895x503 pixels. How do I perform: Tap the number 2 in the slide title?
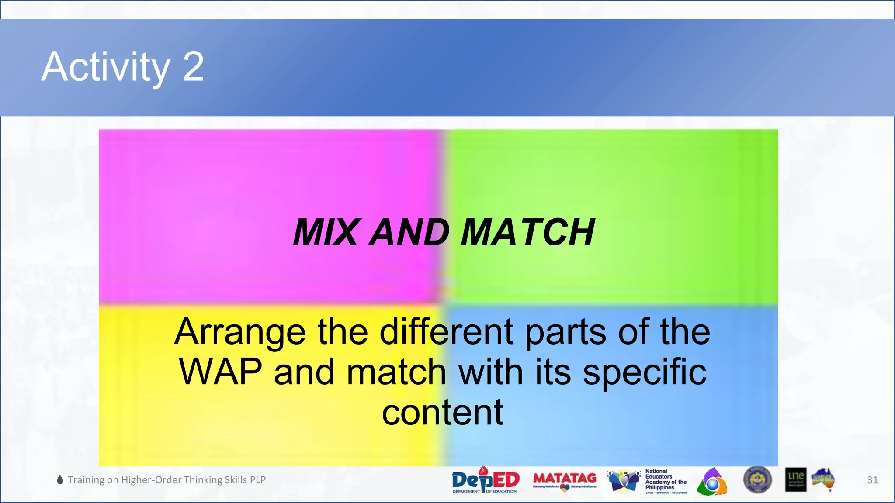click(x=193, y=67)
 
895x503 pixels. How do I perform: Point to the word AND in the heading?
click(x=409, y=232)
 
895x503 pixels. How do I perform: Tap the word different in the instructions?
click(x=446, y=332)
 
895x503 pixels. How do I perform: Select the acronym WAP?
click(x=220, y=372)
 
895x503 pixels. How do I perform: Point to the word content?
click(x=442, y=412)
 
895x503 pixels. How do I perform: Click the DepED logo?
click(x=485, y=480)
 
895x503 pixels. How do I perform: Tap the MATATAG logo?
click(x=565, y=480)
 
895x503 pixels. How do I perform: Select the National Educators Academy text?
click(x=665, y=479)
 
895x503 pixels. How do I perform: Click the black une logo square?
click(x=795, y=479)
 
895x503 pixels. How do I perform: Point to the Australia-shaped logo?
click(x=823, y=479)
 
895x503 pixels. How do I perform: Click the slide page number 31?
click(x=872, y=480)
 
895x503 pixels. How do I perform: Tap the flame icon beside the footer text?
click(x=60, y=480)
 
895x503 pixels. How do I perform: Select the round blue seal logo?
click(x=757, y=479)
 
